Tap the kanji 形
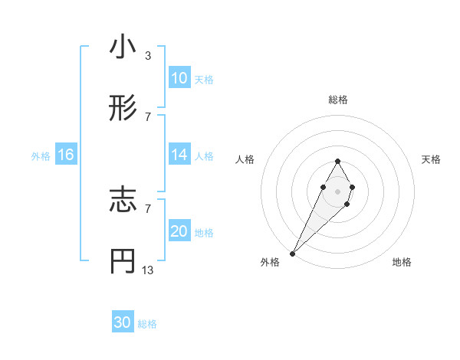(123, 110)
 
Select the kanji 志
(123, 201)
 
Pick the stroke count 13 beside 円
(148, 270)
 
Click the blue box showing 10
(179, 78)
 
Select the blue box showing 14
(179, 155)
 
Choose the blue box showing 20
(179, 231)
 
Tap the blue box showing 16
(66, 155)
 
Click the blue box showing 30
(123, 322)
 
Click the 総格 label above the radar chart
(337, 100)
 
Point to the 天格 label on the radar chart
(432, 159)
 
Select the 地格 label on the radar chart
(402, 262)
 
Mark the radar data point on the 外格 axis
(293, 253)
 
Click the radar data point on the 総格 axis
(337, 161)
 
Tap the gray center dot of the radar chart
(337, 190)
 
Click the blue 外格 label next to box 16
(41, 155)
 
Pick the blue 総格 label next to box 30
(147, 324)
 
